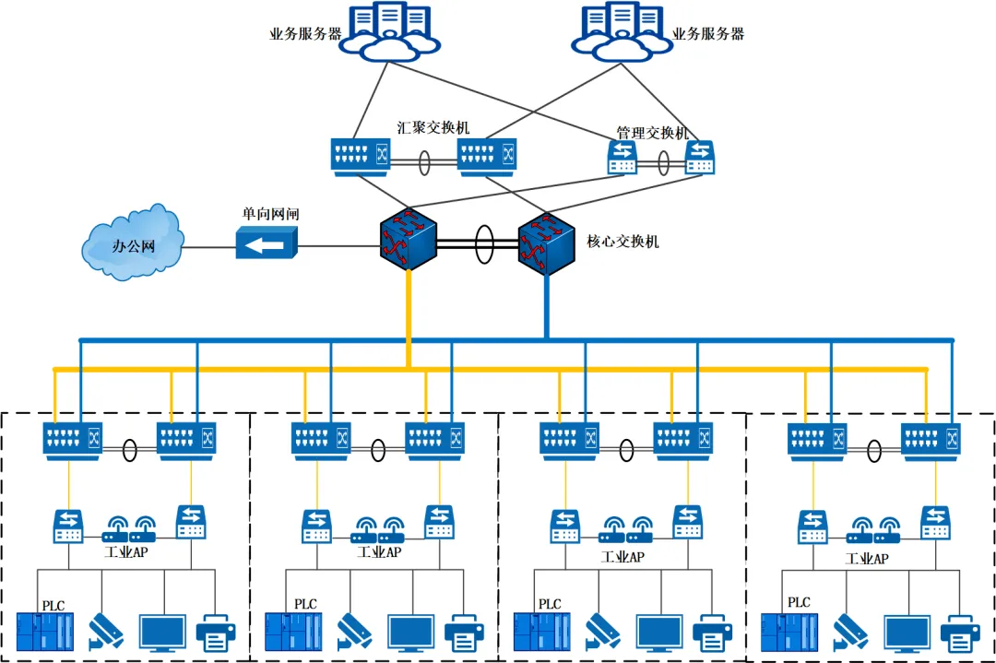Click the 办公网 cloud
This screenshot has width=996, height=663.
coord(132,243)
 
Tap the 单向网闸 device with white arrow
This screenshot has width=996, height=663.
coord(266,244)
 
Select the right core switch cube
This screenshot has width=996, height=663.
coord(545,243)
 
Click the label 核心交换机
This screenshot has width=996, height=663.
coord(622,243)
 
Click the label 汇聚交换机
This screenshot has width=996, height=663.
coord(433,127)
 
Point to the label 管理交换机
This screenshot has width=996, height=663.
coord(652,133)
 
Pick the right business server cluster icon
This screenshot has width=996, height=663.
coord(619,32)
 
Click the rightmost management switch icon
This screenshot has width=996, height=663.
coord(699,158)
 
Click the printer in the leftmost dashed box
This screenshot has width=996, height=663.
coord(216,633)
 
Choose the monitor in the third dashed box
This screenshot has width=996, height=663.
coord(659,633)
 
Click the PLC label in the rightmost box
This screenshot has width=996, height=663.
coord(799,602)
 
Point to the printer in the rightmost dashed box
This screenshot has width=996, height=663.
coord(960,634)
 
